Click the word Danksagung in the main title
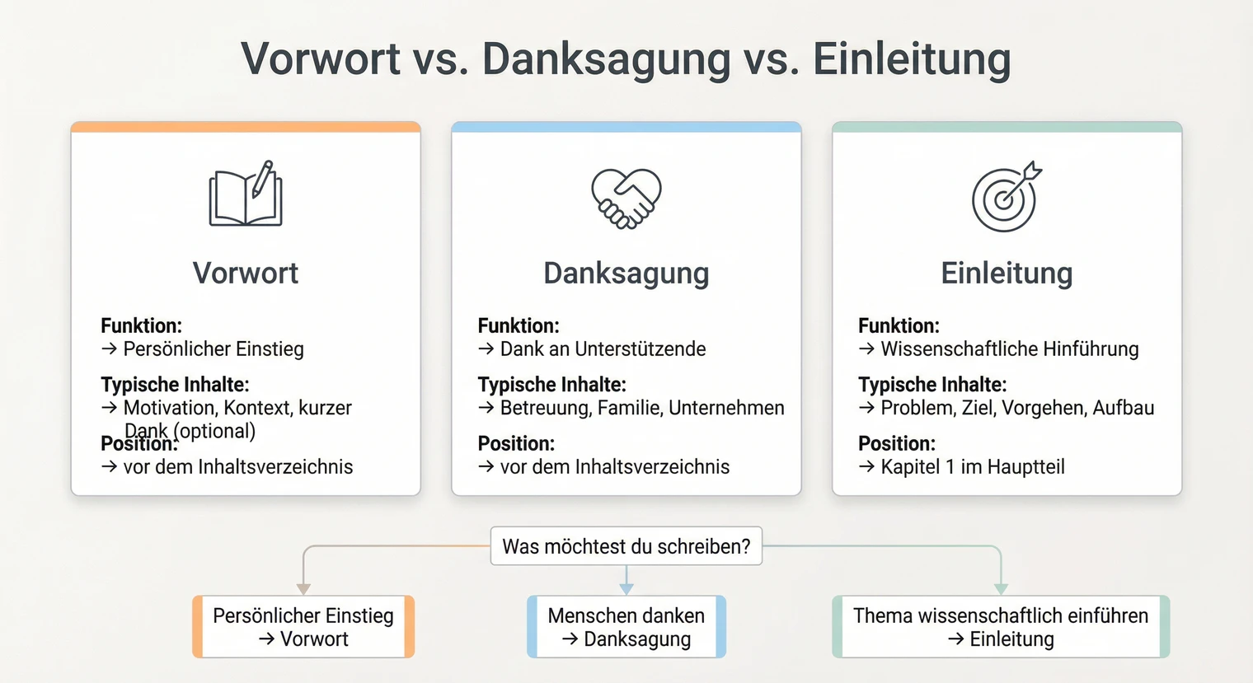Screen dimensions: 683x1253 606,59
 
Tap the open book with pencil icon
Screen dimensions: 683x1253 246,194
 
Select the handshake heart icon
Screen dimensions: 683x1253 626,198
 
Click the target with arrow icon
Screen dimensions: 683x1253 1006,198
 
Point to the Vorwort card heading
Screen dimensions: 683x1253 246,273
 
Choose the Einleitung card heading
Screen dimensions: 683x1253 1007,273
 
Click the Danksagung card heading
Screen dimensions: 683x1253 626,273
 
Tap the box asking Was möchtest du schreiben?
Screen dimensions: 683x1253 626,546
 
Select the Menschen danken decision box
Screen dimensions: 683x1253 626,627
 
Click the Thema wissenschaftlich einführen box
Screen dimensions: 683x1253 1001,627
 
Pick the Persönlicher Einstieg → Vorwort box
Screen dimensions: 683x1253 303,627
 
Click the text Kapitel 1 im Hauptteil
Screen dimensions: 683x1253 973,467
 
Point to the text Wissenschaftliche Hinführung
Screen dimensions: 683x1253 1009,349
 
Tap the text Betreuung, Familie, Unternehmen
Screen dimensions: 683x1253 642,408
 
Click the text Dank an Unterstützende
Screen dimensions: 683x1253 603,349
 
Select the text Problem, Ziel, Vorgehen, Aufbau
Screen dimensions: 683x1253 1017,408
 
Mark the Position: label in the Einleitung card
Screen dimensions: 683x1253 897,443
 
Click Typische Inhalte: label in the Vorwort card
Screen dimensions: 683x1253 175,385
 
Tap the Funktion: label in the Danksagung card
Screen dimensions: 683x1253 519,325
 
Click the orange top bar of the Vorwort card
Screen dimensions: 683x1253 246,127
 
